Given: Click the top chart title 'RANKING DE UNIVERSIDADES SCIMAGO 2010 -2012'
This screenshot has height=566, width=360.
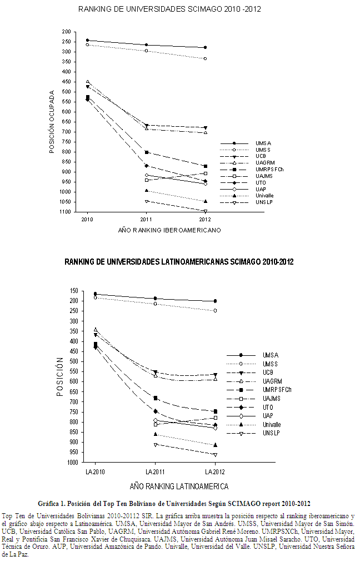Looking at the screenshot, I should click(169, 9).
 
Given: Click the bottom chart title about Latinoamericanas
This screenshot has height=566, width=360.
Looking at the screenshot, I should click(179, 261).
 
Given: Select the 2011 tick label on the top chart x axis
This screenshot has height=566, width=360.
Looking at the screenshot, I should click(146, 220).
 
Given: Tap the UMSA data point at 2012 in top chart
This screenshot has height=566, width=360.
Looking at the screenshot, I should click(206, 47).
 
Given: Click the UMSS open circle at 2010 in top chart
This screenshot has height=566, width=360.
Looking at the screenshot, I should click(88, 44).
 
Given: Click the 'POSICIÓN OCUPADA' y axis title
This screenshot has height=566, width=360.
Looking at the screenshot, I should click(52, 122).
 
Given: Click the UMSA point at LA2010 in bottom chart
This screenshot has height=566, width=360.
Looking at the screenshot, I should click(96, 294).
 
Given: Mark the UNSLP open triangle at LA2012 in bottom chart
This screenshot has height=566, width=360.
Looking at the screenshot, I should click(215, 455).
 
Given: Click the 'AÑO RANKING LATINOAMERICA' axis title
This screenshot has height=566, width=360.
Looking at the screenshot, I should click(179, 486).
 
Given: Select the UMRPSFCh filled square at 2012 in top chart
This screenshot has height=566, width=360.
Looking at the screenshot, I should click(206, 166).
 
